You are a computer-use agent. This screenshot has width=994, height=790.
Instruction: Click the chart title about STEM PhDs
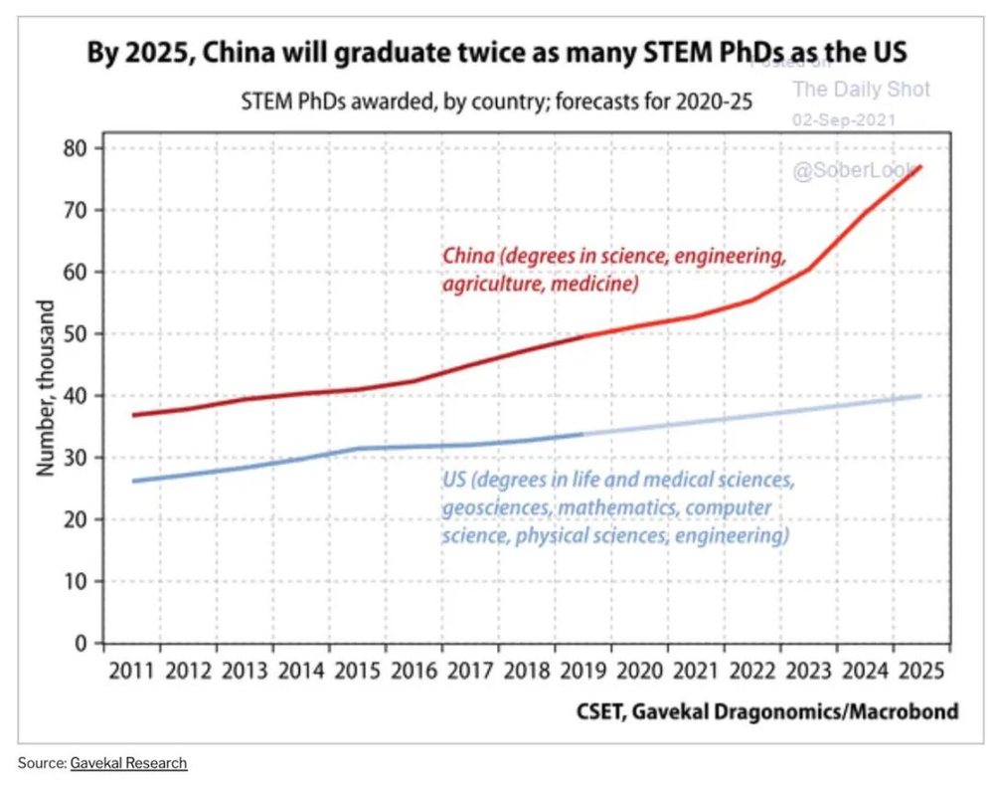(x=498, y=53)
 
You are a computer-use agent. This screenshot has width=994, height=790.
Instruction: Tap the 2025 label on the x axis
(x=920, y=670)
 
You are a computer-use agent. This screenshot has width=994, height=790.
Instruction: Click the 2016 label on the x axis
(x=414, y=670)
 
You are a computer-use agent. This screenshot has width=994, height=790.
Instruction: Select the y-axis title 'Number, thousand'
(x=45, y=395)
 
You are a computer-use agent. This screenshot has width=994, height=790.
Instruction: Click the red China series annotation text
(x=613, y=270)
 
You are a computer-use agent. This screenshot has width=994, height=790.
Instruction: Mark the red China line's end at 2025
(x=921, y=167)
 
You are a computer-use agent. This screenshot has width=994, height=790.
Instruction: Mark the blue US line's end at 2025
(x=921, y=396)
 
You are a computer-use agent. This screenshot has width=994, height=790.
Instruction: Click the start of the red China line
(x=132, y=415)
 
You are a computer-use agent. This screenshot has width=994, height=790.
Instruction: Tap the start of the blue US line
(x=132, y=482)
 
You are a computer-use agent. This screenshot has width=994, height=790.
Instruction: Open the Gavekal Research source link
(x=128, y=763)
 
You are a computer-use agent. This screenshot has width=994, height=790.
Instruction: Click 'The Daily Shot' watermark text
(x=861, y=90)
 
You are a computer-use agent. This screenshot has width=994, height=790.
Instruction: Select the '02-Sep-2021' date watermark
(x=844, y=119)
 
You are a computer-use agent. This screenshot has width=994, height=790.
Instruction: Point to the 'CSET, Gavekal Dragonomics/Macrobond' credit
(x=767, y=711)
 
